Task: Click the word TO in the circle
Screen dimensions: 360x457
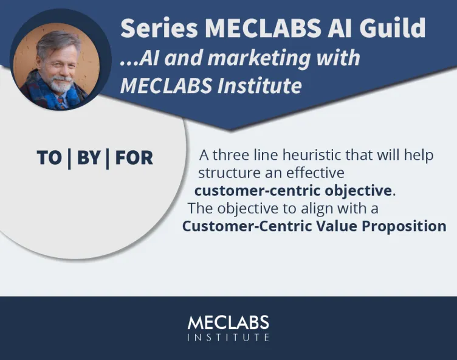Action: (49, 158)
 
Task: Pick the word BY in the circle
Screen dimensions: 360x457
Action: (89, 158)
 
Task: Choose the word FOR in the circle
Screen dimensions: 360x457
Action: (134, 158)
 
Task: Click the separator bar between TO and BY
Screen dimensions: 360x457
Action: (69, 158)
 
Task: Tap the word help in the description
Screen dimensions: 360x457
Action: (421, 155)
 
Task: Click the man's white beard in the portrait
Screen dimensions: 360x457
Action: (60, 86)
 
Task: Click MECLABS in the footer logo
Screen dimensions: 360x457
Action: (228, 322)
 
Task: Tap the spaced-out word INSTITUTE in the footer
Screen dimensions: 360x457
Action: (228, 337)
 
